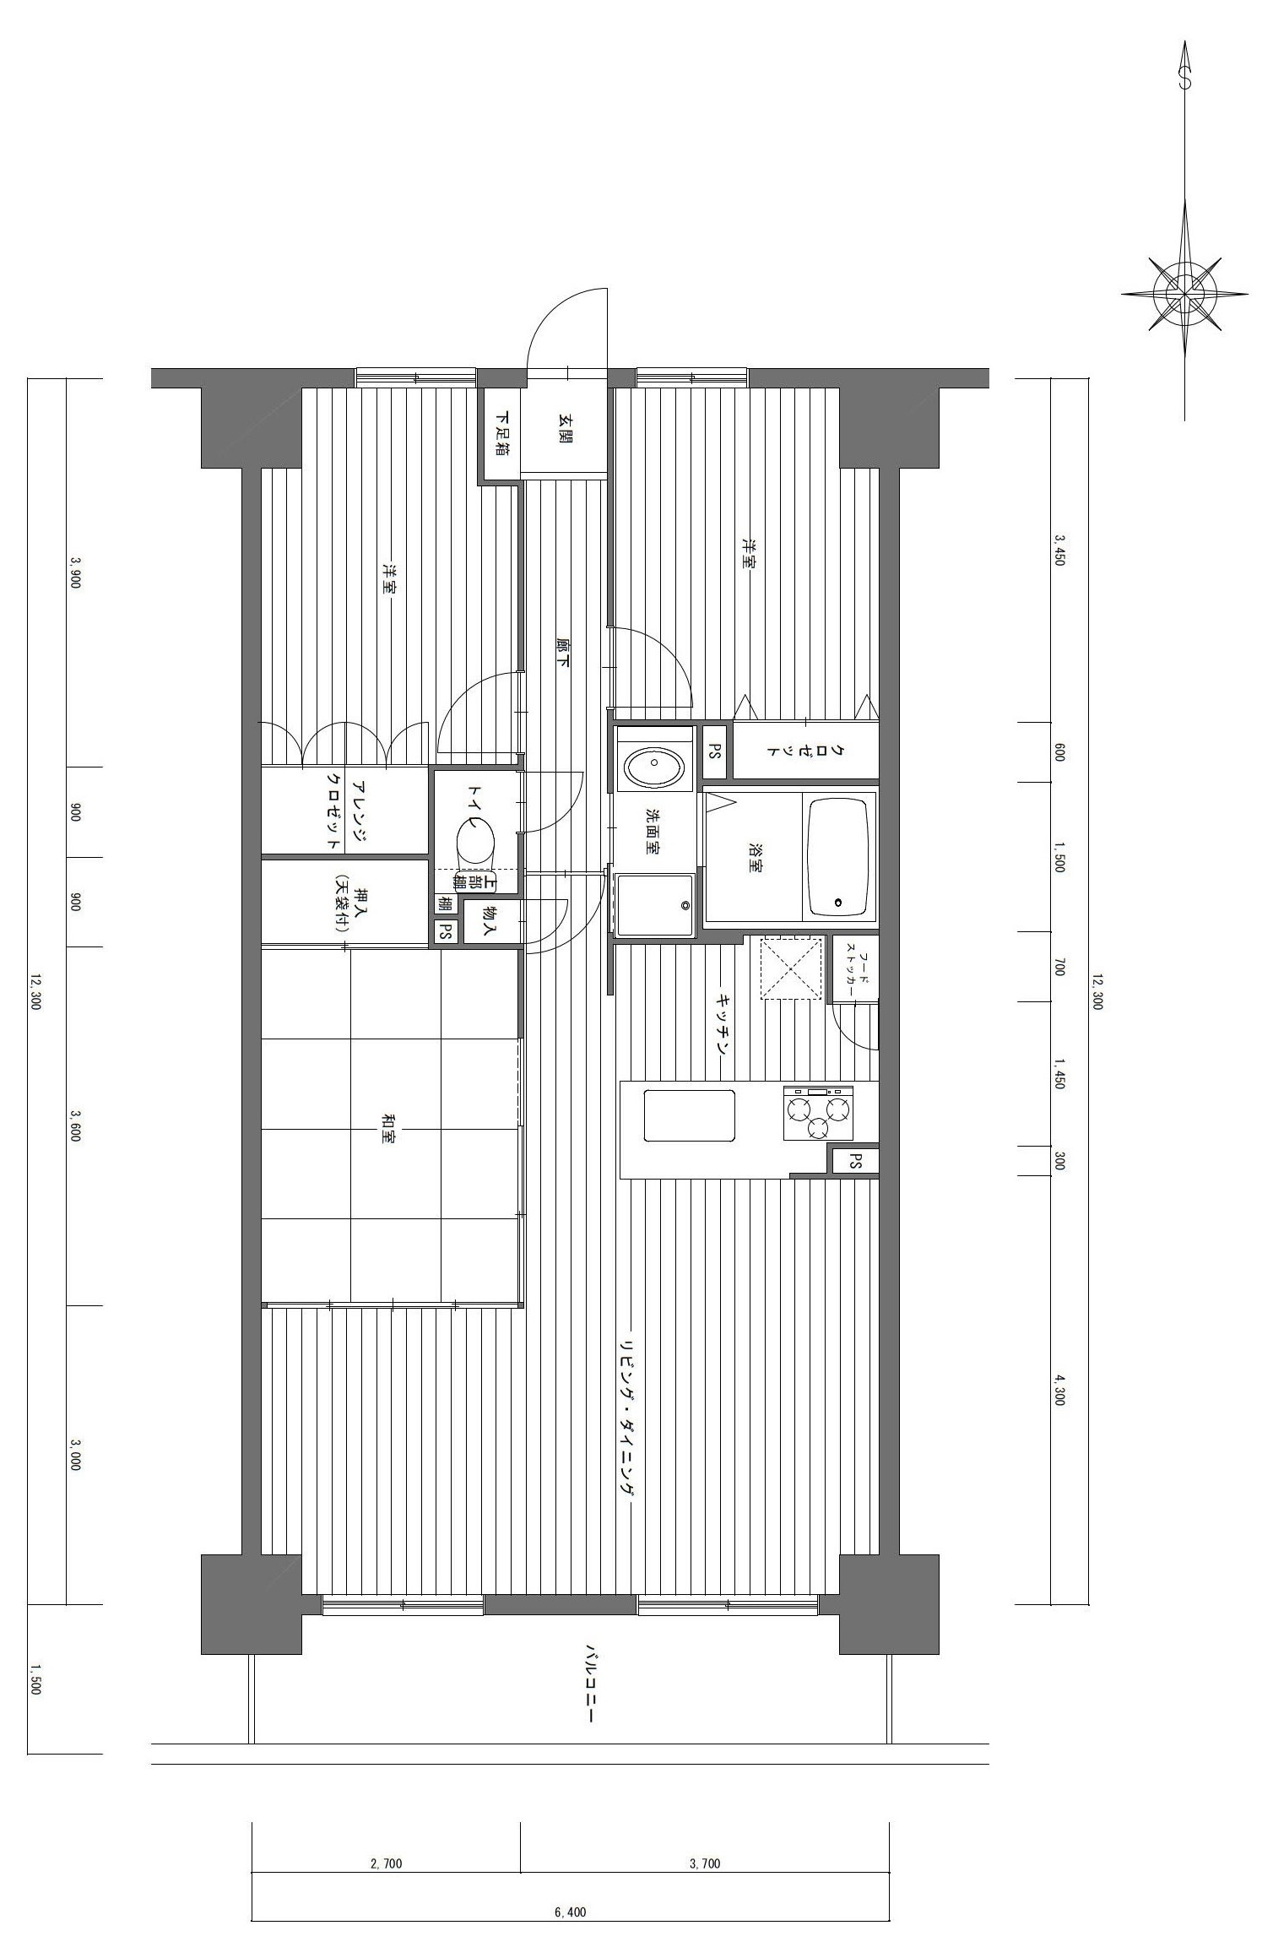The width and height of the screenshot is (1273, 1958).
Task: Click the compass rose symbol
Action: pyautogui.click(x=1185, y=292)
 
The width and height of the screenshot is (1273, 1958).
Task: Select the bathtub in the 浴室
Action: pyautogui.click(x=838, y=856)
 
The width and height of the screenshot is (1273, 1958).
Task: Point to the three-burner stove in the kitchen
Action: pyautogui.click(x=817, y=1113)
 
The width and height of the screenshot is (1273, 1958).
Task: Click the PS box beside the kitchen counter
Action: pyautogui.click(x=855, y=1160)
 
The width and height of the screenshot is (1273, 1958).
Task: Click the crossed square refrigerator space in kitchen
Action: pyautogui.click(x=792, y=967)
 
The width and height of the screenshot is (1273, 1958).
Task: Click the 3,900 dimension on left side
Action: pyautogui.click(x=75, y=572)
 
